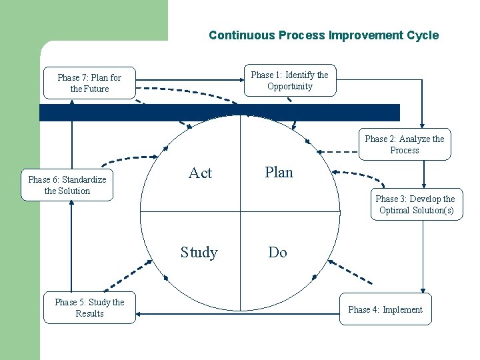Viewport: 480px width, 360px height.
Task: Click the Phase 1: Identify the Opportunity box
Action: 289,81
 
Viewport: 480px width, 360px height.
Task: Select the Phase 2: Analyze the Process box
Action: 404,145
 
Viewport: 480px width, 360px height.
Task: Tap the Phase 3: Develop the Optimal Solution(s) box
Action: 415,204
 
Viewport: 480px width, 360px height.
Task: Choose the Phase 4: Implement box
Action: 385,309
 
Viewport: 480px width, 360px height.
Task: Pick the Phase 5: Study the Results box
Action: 89,308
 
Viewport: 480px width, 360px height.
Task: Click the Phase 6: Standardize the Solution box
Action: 67,185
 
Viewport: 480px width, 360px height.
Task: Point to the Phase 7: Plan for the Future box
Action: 89,83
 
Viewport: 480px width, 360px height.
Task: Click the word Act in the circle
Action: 200,173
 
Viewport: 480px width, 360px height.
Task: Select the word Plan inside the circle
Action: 279,172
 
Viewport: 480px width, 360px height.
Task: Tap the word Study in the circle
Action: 199,252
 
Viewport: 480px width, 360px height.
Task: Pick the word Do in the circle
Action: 277,252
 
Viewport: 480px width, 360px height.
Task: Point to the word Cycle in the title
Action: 422,35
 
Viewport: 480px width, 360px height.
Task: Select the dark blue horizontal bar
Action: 220,113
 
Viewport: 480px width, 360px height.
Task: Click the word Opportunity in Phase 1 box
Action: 289,87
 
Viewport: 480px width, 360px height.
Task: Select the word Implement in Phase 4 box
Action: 402,309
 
